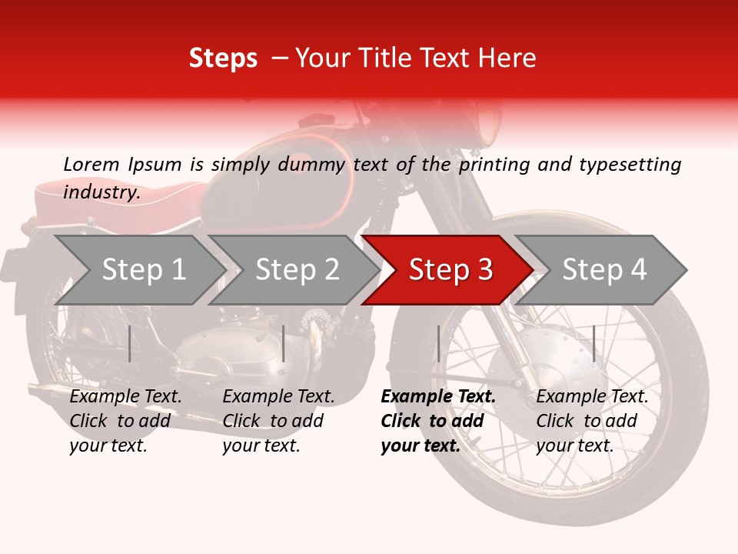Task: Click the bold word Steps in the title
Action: [x=223, y=58]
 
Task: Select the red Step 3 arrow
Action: [x=447, y=270]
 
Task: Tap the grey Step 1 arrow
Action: [x=140, y=270]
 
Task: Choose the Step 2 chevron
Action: [x=294, y=270]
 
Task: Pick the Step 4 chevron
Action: [x=600, y=270]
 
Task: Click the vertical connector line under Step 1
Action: [x=129, y=343]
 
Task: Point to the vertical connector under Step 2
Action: [x=284, y=343]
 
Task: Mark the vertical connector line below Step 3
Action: [x=438, y=343]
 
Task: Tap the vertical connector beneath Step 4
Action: [x=594, y=343]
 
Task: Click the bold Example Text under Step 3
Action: [x=438, y=396]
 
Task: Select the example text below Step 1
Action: [x=125, y=421]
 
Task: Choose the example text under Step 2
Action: [x=278, y=421]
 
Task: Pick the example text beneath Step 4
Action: [x=592, y=421]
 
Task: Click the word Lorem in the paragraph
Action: [x=91, y=165]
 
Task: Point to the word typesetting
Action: [x=630, y=165]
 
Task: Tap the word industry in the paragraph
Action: [x=101, y=192]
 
